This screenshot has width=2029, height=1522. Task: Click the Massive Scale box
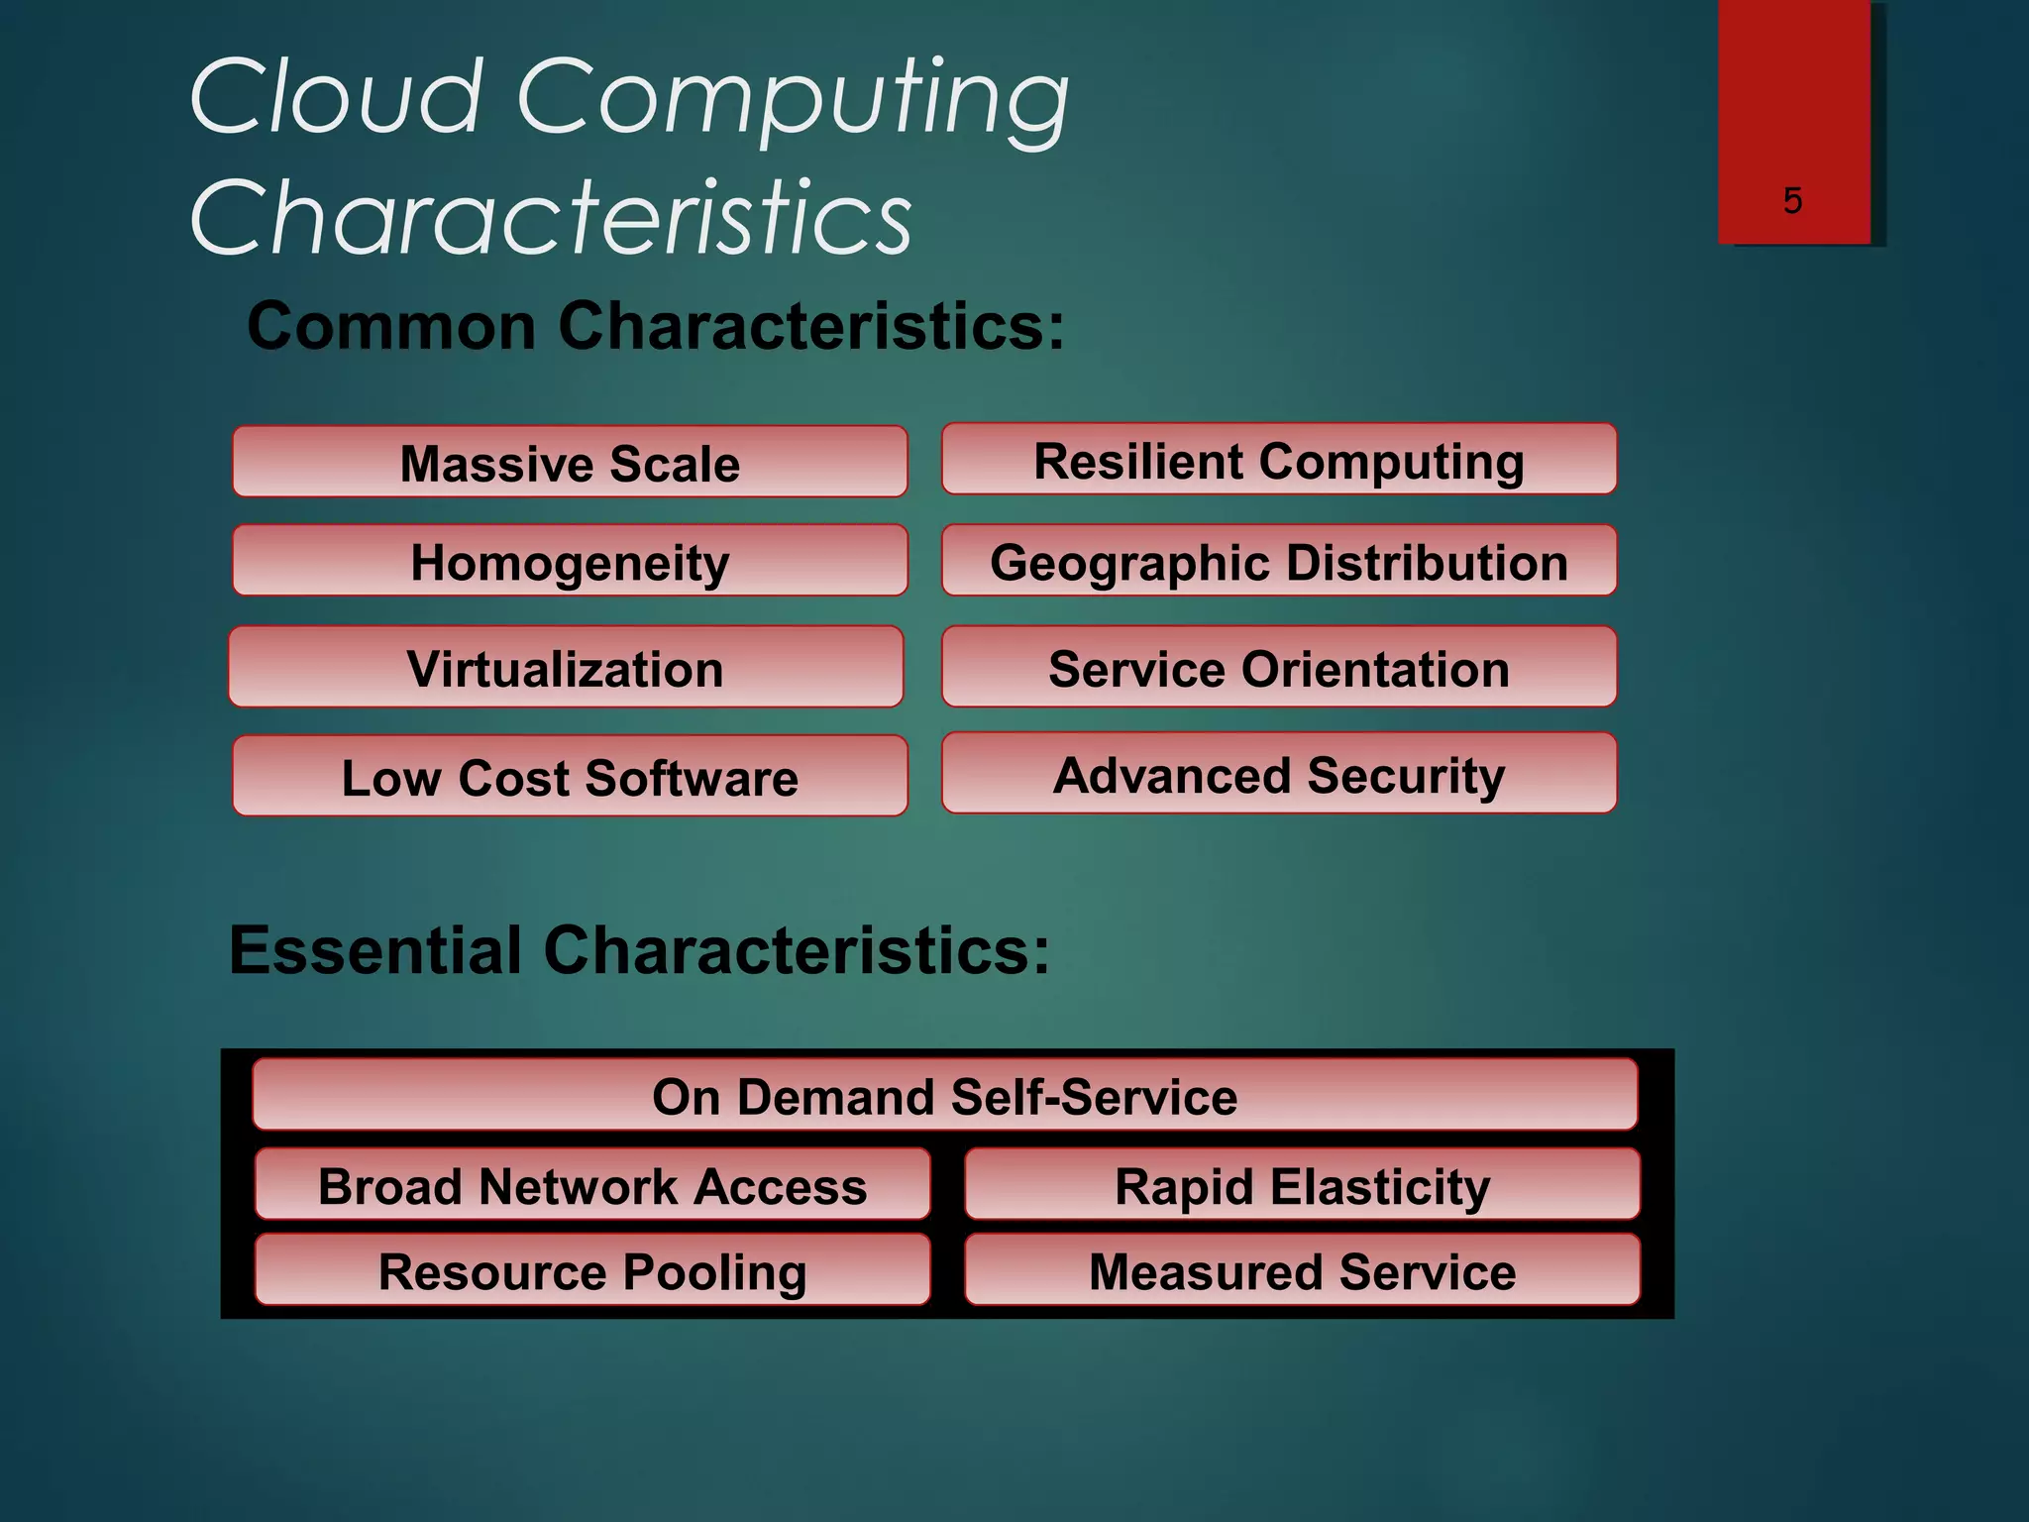[570, 463]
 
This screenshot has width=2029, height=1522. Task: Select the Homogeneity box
[570, 562]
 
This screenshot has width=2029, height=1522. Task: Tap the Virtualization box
[566, 668]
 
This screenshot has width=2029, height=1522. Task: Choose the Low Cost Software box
[570, 777]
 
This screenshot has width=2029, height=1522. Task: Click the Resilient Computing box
[1279, 460]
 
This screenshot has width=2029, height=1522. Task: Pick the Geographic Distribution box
[1279, 562]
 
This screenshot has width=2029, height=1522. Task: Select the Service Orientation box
[1279, 668]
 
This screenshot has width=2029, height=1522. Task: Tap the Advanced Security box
[1279, 774]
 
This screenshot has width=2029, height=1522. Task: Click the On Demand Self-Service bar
[944, 1096]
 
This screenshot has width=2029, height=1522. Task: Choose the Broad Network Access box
[592, 1185]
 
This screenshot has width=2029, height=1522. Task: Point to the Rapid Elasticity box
[1302, 1185]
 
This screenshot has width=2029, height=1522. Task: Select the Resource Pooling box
[592, 1270]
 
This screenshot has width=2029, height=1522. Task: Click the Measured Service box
[1302, 1270]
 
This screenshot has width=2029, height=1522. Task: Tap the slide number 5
[1792, 200]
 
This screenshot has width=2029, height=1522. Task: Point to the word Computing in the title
[793, 99]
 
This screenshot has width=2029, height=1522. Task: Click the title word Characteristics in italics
[551, 216]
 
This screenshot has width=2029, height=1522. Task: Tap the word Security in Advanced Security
[1406, 776]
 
